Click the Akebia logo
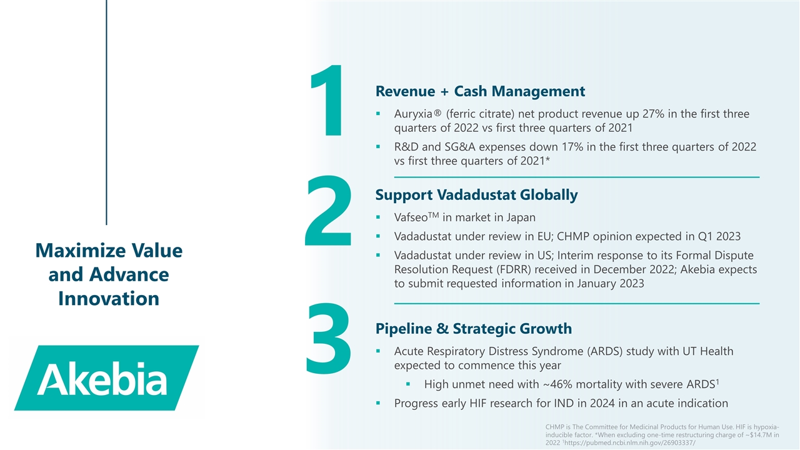[x=107, y=377]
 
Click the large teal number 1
[x=327, y=100]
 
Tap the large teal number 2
[x=328, y=211]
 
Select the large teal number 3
[x=328, y=339]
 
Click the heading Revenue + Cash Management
[x=480, y=91]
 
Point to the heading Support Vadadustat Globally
[x=476, y=195]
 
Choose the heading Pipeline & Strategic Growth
[x=474, y=329]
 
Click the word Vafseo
[x=411, y=217]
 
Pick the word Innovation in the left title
[x=109, y=299]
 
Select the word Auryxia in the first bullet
[x=413, y=114]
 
